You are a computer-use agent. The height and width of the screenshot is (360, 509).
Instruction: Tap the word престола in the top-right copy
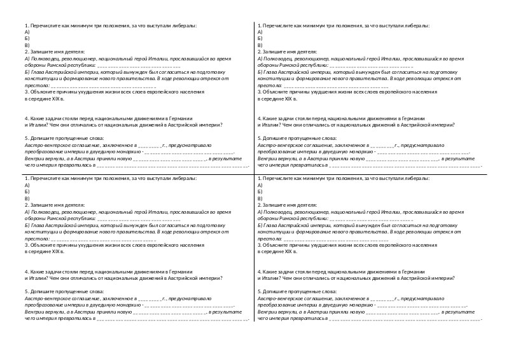coord(269,85)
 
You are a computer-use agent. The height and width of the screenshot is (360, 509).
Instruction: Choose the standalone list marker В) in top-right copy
coord(260,45)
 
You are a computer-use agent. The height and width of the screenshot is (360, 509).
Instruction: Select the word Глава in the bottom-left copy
coord(38,225)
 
